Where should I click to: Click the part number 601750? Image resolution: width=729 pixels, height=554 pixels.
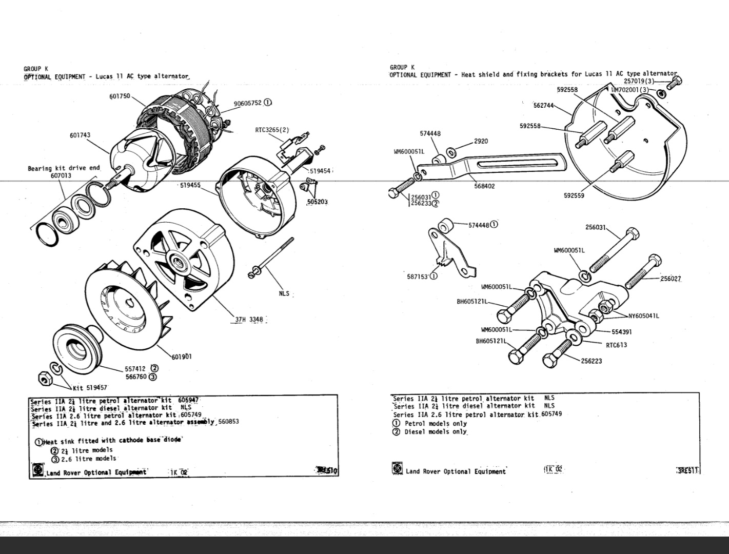pos(120,96)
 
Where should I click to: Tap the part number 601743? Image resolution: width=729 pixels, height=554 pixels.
pos(80,135)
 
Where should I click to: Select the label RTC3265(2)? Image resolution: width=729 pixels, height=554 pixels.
pos(272,130)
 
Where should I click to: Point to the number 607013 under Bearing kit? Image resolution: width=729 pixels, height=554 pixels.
pos(61,175)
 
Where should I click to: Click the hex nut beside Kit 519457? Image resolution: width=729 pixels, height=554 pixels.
pos(45,379)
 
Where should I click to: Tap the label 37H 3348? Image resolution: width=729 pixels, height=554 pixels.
pos(249,320)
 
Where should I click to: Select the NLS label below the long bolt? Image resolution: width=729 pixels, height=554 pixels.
pos(284,293)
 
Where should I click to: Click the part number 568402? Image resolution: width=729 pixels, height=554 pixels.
pos(484,186)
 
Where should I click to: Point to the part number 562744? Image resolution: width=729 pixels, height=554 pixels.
pos(544,106)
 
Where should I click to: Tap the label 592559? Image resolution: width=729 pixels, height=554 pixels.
pos(574,195)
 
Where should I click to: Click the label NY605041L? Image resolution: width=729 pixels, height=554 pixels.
pos(644,316)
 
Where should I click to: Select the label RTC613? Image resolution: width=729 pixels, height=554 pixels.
pos(616,345)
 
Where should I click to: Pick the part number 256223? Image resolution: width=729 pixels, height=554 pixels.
pos(592,361)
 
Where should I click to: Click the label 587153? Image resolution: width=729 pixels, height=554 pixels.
pos(418,276)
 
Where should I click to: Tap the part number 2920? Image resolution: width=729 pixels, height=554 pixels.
pos(481,141)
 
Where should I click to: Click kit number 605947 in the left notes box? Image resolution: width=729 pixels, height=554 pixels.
pos(188,400)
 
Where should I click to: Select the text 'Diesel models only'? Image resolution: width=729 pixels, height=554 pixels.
pos(436,432)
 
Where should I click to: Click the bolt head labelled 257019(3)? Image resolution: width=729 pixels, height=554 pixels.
pos(677,80)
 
